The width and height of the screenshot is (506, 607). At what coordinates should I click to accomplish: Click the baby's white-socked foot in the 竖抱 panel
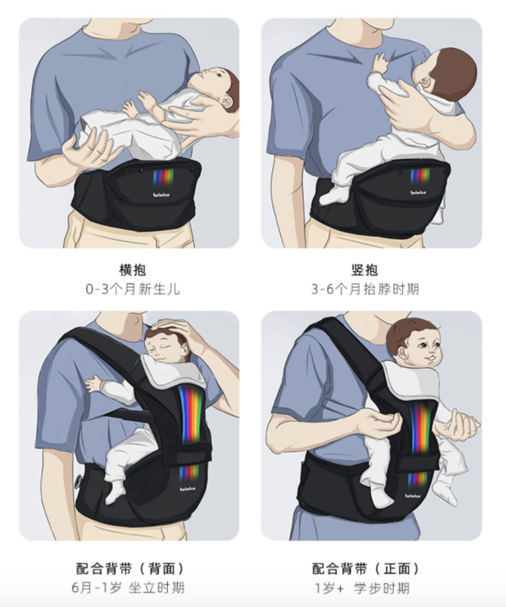pyautogui.click(x=331, y=196)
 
